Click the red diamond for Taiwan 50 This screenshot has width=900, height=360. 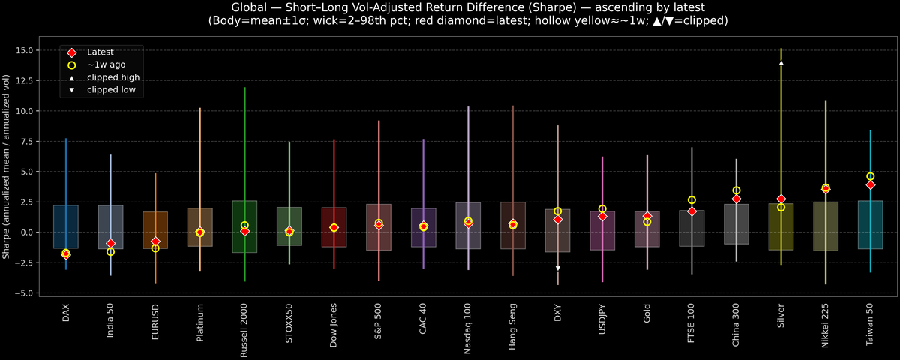pos(871,184)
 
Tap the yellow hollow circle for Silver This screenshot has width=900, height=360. pos(781,207)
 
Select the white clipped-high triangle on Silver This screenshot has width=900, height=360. pos(781,63)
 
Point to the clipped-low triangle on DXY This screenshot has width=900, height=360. pos(557,268)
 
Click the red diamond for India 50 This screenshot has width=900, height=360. pos(110,244)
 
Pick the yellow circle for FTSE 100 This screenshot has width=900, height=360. pos(691,200)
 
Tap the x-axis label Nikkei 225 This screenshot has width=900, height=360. pos(826,325)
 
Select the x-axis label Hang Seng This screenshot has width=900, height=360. pos(513,323)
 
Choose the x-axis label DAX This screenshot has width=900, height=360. pos(66,313)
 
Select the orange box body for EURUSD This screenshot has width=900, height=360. pos(155,230)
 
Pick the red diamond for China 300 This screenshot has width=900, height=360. pos(736,199)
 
